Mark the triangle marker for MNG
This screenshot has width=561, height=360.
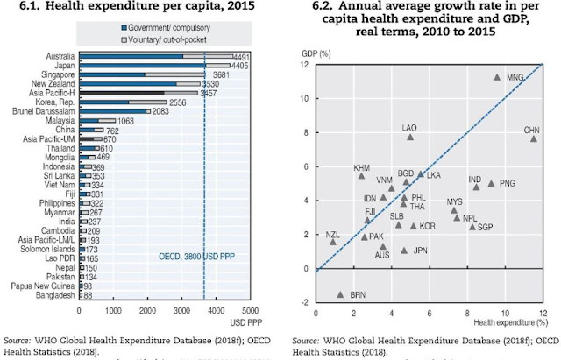(x=497, y=77)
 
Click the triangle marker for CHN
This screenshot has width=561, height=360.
(x=533, y=138)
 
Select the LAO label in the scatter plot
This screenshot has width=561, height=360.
(x=409, y=128)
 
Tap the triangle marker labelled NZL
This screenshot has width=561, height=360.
(x=333, y=242)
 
